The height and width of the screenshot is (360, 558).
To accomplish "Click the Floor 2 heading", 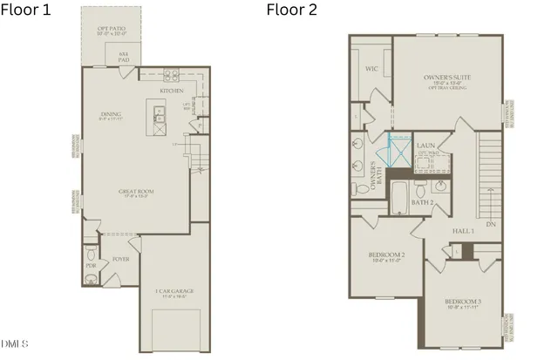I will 292,11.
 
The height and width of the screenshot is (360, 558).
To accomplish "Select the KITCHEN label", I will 170,90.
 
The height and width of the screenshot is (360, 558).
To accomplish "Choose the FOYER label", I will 121,259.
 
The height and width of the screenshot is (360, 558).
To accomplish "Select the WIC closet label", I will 371,67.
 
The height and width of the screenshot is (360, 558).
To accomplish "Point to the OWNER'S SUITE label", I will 447,78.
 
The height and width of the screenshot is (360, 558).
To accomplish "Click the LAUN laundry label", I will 426,146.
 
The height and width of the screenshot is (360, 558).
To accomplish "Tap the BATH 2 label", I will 422,202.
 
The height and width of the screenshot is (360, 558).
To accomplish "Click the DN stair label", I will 491,224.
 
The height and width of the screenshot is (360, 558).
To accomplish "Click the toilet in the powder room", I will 90,278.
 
